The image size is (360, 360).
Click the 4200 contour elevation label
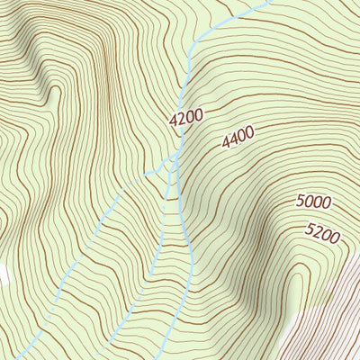pyautogui.click(x=186, y=115)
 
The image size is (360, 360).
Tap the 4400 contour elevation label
pyautogui.click(x=238, y=137)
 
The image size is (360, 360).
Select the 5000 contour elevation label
pyautogui.click(x=313, y=202)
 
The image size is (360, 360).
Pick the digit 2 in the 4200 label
pyautogui.click(x=182, y=117)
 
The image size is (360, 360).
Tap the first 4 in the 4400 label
pyautogui.click(x=225, y=142)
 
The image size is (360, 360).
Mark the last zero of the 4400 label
pyautogui.click(x=250, y=132)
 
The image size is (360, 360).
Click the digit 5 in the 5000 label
pyautogui.click(x=301, y=204)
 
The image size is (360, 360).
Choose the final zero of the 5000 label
pyautogui.click(x=326, y=199)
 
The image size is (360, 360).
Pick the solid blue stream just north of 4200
pyautogui.click(x=186, y=85)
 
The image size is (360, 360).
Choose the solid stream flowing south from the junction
pyautogui.click(x=189, y=225)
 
